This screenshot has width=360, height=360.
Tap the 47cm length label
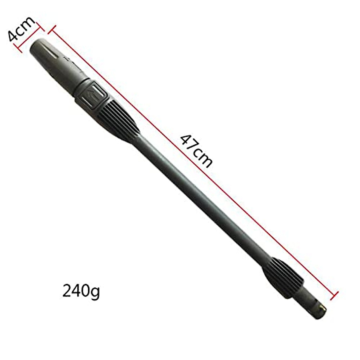(x=196, y=151)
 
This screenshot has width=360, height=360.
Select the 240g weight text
(x=81, y=291)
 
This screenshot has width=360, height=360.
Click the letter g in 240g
(x=95, y=292)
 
